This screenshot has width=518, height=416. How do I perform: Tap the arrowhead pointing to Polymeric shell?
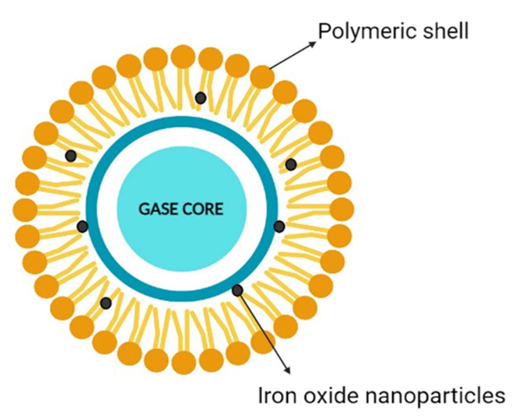pyautogui.click(x=313, y=43)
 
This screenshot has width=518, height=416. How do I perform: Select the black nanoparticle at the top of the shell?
pyautogui.click(x=201, y=98)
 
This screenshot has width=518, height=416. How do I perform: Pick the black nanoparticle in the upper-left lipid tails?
pyautogui.click(x=71, y=156)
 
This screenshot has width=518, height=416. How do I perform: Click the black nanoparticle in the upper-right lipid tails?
pyautogui.click(x=291, y=164)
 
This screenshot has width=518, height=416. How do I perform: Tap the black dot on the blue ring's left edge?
pyautogui.click(x=83, y=226)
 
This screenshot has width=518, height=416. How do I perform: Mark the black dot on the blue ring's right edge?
pyautogui.click(x=279, y=226)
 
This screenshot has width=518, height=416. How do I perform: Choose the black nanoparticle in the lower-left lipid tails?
pyautogui.click(x=106, y=303)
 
